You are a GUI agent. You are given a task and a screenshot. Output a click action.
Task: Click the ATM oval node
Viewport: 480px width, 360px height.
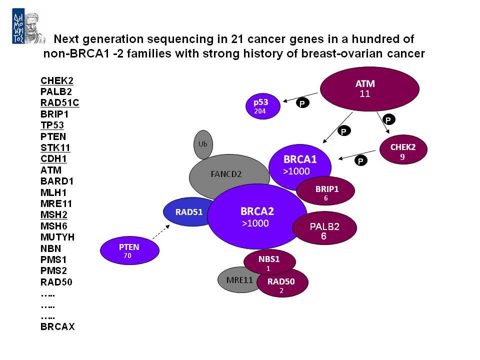[x=369, y=89]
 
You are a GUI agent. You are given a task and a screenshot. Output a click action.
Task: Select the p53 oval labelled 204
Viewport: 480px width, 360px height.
[x=263, y=106]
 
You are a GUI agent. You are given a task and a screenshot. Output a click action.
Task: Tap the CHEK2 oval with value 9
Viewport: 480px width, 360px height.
[x=403, y=149]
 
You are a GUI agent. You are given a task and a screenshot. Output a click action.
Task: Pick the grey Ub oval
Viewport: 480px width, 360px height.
[x=203, y=144]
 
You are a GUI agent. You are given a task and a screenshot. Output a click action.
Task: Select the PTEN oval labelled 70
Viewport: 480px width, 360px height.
[x=129, y=250]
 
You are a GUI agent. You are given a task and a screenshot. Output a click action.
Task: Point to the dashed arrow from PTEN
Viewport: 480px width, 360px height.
[x=161, y=232]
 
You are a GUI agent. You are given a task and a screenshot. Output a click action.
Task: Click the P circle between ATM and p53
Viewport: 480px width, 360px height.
[x=302, y=103]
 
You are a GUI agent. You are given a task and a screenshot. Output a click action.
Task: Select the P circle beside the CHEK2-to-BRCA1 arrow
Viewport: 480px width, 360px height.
[x=361, y=160]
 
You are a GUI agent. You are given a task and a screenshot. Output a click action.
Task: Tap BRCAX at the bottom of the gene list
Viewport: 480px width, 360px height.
[x=57, y=326]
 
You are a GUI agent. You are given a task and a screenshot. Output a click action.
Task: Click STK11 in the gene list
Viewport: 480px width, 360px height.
[x=55, y=147]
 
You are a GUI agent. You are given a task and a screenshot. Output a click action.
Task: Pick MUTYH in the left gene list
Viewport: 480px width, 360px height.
[x=57, y=237]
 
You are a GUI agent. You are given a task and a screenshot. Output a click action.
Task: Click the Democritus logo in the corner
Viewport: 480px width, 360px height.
[x=29, y=26]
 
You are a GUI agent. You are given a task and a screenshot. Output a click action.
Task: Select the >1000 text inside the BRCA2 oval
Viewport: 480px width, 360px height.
[x=255, y=223]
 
